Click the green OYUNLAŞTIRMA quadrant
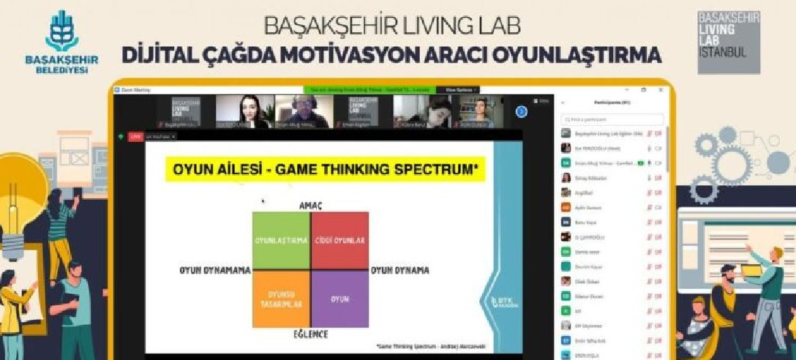click(281, 241)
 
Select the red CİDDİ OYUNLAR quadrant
click(339, 241)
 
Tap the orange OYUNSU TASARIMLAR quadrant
click(281, 299)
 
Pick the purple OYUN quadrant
click(339, 299)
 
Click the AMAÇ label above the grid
click(310, 206)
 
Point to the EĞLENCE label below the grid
click(310, 334)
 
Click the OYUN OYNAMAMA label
click(214, 270)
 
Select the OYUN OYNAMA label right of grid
click(400, 270)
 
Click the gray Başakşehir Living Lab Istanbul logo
click(728, 42)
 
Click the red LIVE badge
click(135, 136)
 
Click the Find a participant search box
click(612, 119)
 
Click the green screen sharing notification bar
click(369, 89)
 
